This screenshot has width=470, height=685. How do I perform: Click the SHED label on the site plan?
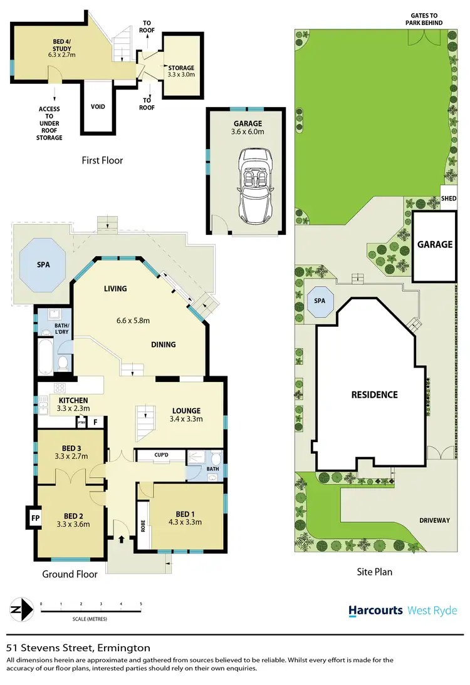[449, 198]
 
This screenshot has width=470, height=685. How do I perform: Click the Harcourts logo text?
[375, 610]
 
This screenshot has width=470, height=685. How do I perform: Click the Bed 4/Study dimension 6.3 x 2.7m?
[61, 55]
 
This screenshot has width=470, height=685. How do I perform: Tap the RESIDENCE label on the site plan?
[374, 394]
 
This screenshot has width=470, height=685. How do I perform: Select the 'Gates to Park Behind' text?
[426, 19]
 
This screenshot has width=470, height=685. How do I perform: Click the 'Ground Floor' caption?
[70, 574]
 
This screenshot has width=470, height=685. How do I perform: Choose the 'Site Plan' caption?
[373, 571]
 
